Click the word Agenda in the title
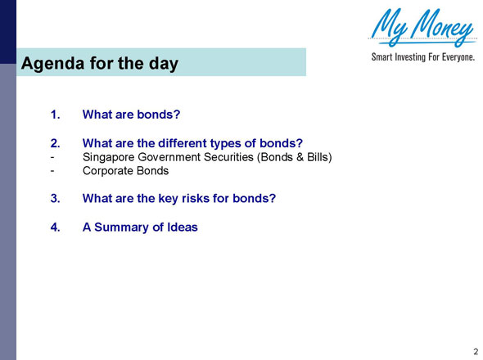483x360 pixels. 51,63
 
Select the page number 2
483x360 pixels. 475,351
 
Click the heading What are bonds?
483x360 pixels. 131,106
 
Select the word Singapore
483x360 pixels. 111,158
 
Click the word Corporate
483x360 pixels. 110,171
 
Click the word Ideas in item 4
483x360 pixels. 183,227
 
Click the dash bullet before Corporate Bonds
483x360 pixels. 52,171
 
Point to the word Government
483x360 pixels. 173,158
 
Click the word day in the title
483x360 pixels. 163,63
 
